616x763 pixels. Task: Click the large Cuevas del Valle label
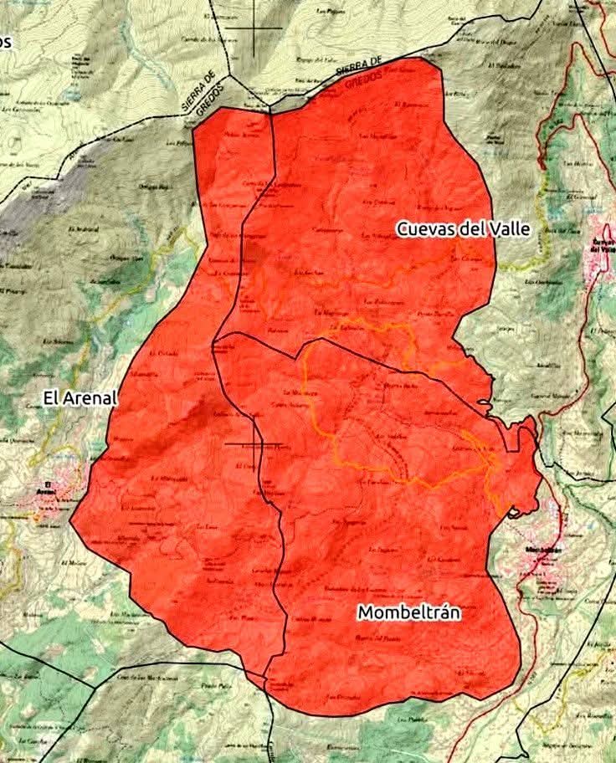tap(464, 228)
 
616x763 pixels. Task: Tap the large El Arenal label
tap(80, 399)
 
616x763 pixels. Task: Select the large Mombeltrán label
tap(409, 612)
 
